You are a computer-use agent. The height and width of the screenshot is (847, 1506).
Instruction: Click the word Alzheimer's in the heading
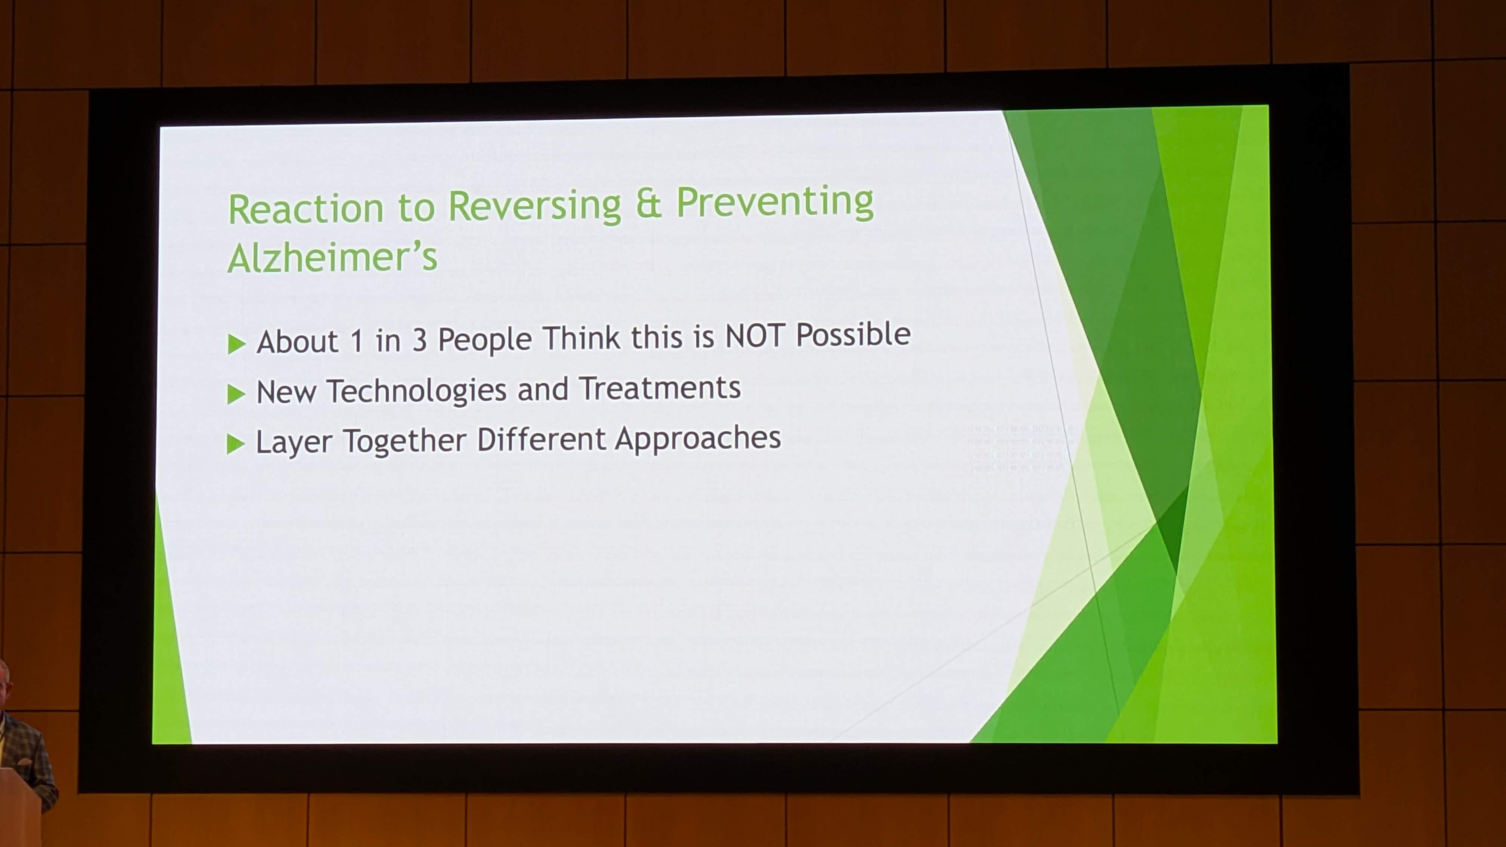pyautogui.click(x=332, y=257)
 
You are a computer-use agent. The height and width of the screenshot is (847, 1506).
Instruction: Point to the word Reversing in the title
pyautogui.click(x=534, y=206)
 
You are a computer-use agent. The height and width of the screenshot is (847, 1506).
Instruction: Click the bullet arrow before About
pyautogui.click(x=236, y=344)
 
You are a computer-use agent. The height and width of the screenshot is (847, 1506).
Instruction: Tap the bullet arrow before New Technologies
pyautogui.click(x=236, y=394)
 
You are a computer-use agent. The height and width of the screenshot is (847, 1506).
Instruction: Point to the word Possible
pyautogui.click(x=853, y=334)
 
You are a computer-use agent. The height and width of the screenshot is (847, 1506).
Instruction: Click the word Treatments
pyautogui.click(x=660, y=388)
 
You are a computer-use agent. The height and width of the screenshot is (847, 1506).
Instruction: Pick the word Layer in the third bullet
pyautogui.click(x=294, y=442)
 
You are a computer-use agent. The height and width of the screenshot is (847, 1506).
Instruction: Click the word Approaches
pyautogui.click(x=698, y=438)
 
